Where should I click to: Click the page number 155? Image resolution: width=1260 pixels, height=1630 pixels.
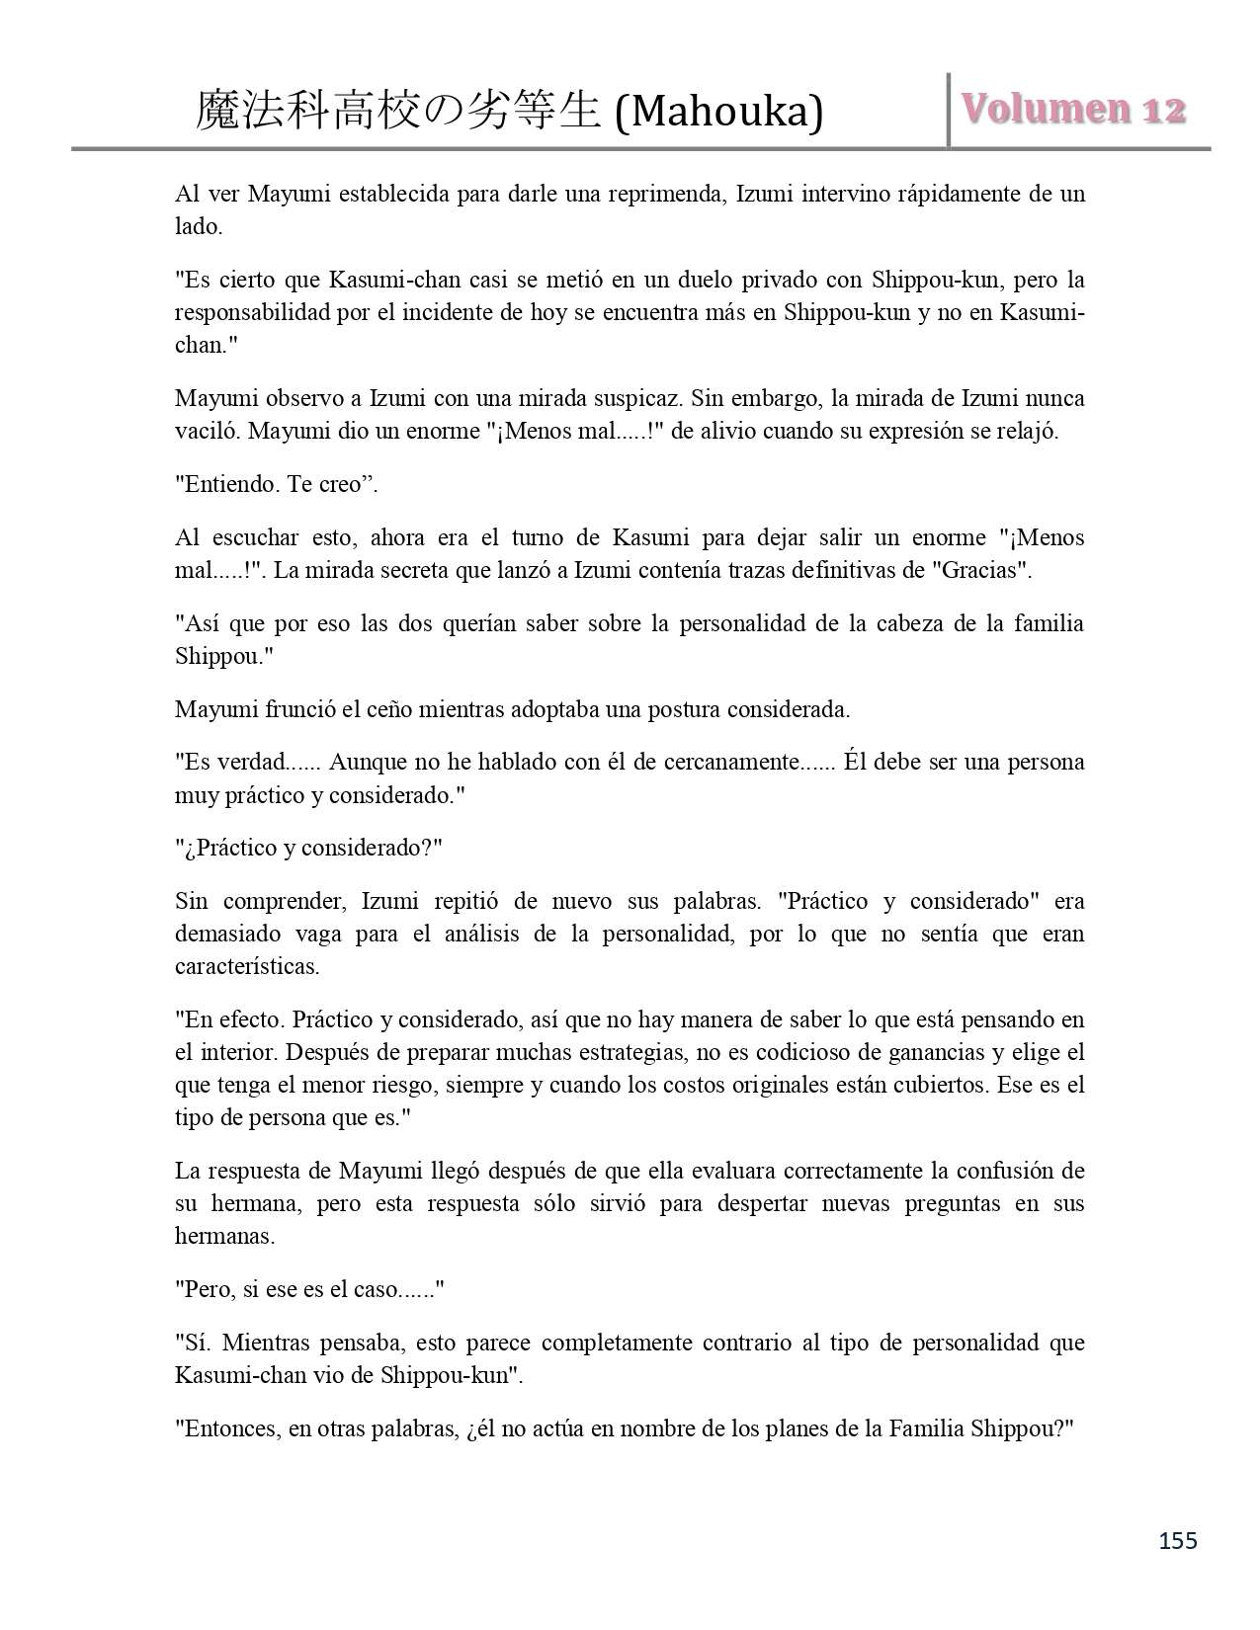1176,1540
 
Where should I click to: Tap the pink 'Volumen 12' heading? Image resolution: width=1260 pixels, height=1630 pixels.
1074,109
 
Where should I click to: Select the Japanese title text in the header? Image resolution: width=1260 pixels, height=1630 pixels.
397,111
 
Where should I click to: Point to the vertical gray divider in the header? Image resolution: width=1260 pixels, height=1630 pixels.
949,110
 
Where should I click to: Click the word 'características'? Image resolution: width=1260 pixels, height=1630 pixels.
247,966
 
